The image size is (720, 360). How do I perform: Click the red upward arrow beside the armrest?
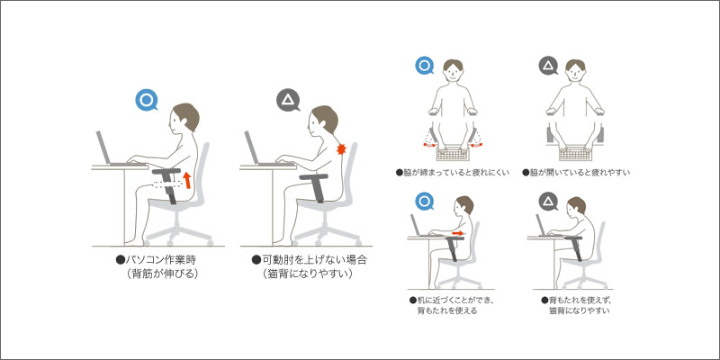[187, 180]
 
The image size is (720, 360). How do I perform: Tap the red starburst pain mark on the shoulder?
[341, 148]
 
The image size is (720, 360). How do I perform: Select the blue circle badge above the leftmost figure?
[147, 101]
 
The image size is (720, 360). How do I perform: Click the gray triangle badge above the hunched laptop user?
[288, 100]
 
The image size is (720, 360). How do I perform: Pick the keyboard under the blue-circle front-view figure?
[453, 153]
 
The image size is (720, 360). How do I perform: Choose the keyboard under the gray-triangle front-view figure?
[575, 153]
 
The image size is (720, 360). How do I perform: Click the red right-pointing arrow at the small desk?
[457, 234]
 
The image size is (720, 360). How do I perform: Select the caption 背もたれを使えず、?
[579, 301]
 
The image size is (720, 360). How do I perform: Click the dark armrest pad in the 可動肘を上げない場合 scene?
[313, 176]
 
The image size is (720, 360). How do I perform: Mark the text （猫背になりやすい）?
[308, 274]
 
